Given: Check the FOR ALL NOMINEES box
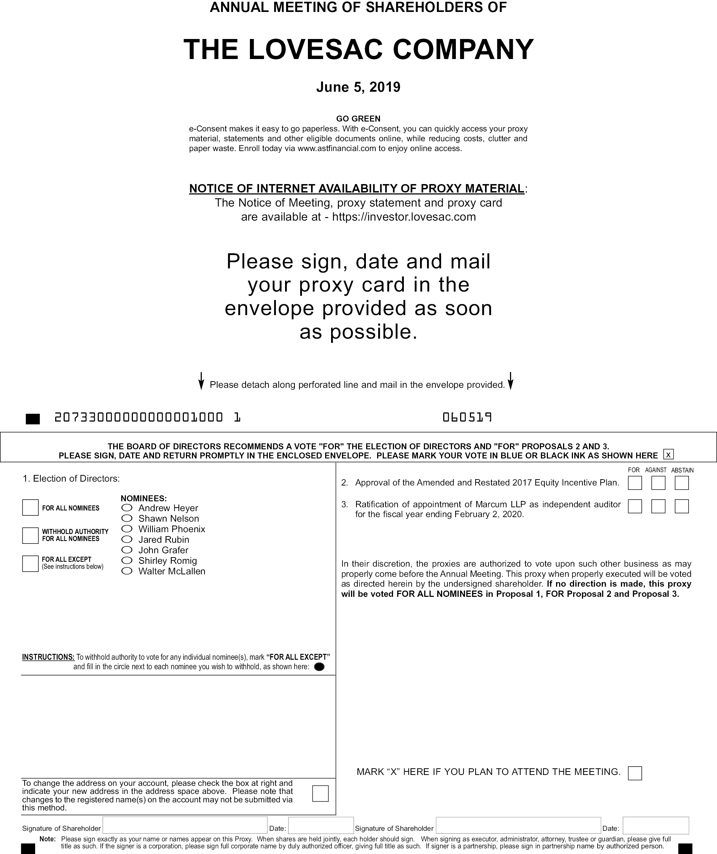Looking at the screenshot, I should (x=30, y=508).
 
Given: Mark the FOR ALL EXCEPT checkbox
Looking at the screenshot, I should (x=30, y=563).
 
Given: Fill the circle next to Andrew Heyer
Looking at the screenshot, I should (x=127, y=508).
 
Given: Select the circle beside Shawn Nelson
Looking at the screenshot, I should (x=127, y=518).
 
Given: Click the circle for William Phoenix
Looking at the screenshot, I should (x=127, y=529).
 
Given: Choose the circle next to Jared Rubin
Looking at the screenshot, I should (x=127, y=539).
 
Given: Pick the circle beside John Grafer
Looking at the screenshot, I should (x=127, y=550).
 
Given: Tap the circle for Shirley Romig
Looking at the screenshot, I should (x=127, y=560).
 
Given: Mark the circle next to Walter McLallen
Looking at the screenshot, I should (x=127, y=571).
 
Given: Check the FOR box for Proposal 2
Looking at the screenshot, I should (x=635, y=483).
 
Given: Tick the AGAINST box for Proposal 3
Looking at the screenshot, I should (x=658, y=506).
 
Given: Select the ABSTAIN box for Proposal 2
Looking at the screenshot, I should (x=682, y=483).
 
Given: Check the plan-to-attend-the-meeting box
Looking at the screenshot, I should (x=635, y=773).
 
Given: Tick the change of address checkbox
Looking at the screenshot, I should (x=320, y=794).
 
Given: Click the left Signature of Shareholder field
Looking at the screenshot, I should (x=185, y=826).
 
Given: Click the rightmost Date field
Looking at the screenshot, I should (x=655, y=826).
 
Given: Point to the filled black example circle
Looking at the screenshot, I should (x=319, y=666).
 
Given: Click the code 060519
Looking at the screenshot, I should (x=467, y=417).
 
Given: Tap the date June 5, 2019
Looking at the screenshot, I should (x=358, y=87).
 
